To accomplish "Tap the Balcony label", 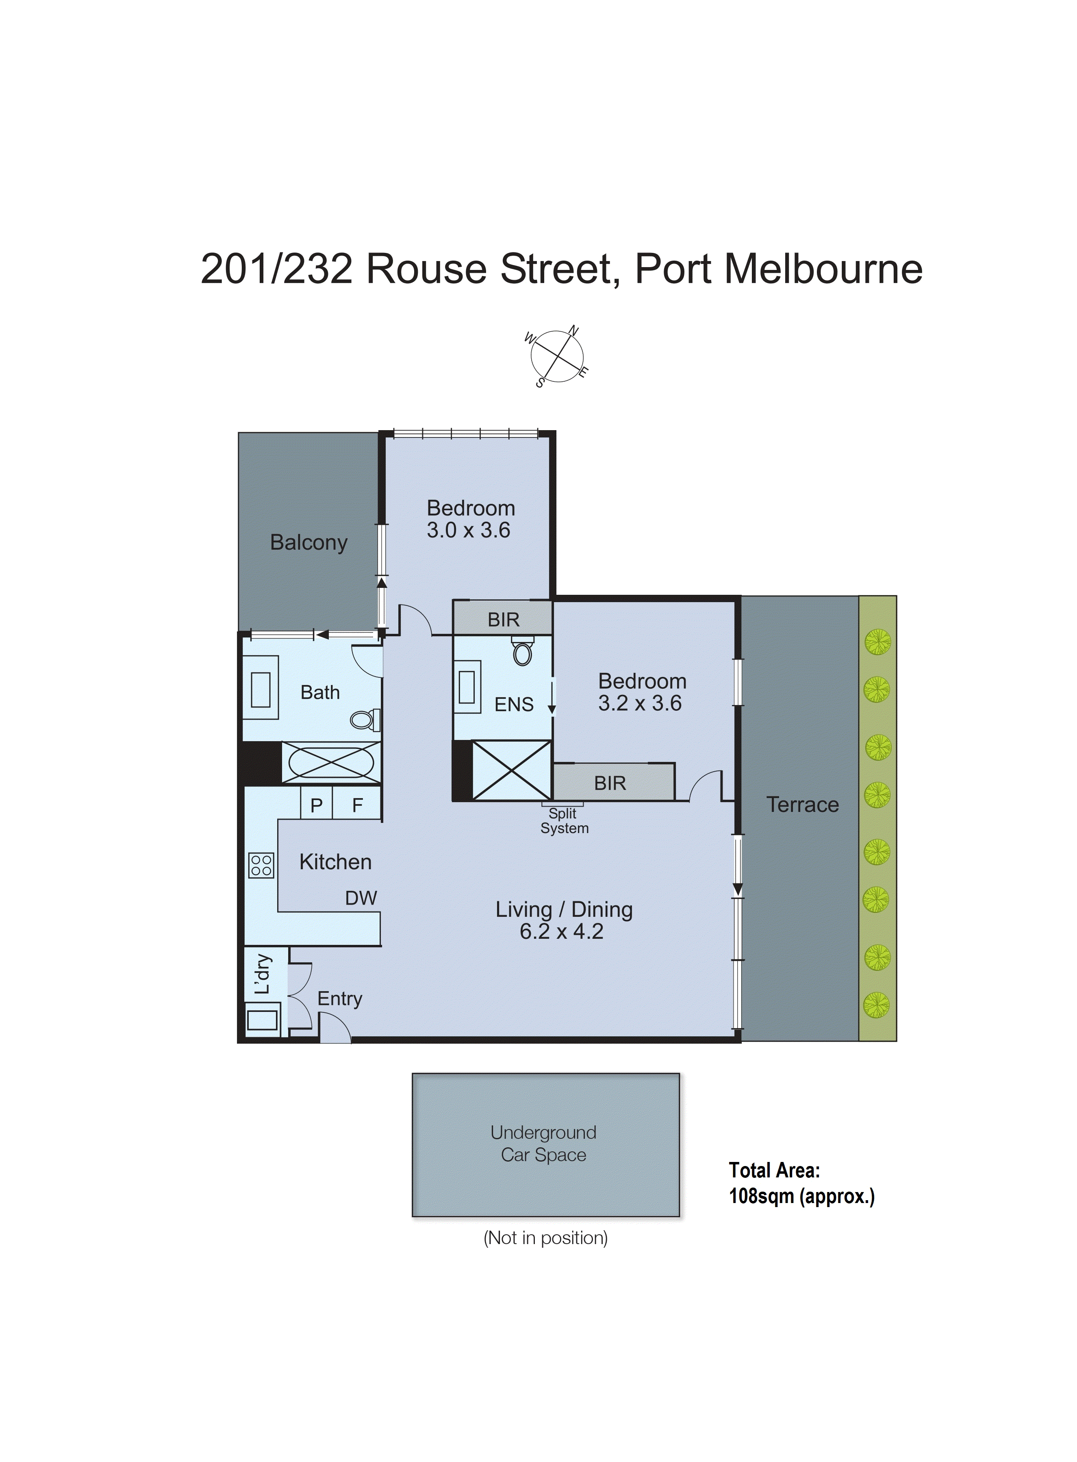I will pos(308,542).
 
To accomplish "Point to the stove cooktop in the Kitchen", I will pos(261,865).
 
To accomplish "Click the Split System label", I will pos(564,821).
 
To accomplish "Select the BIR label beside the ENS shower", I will pos(610,783).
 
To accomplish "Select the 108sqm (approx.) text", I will pos(801,1196).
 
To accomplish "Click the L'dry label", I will pos(263,974).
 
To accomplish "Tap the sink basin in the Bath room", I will pos(261,689).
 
